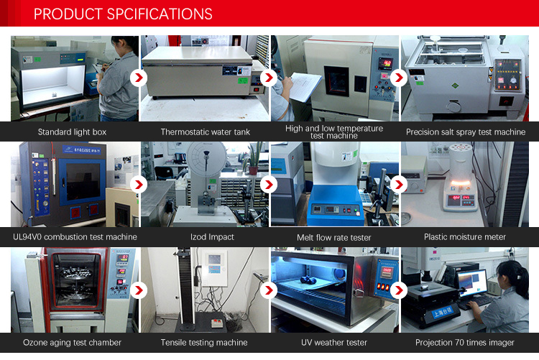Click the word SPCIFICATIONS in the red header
(x=160, y=14)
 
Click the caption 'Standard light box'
(x=72, y=132)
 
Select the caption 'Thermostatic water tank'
(x=206, y=132)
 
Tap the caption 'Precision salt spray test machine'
(x=466, y=132)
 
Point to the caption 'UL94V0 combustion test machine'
(x=75, y=237)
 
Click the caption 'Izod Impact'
(x=212, y=237)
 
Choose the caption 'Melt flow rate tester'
(x=333, y=238)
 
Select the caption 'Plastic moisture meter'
(x=465, y=237)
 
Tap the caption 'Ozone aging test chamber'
(x=72, y=343)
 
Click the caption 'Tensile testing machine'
(x=204, y=343)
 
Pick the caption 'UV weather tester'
(x=334, y=343)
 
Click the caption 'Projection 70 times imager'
(x=465, y=343)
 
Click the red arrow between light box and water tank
(x=139, y=78)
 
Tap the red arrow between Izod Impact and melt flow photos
(x=269, y=185)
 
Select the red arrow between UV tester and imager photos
(x=399, y=290)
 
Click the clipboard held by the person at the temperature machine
(x=305, y=87)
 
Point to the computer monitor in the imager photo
(x=472, y=283)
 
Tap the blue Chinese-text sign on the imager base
(x=442, y=313)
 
